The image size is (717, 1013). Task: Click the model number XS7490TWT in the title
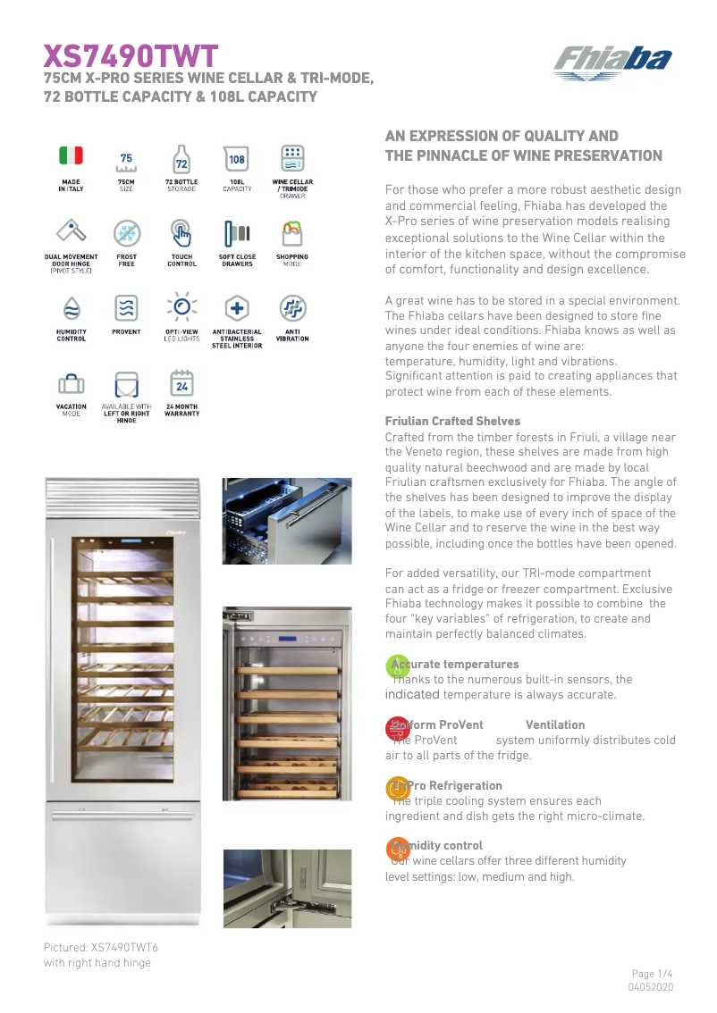(131, 57)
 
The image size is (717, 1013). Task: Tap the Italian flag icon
(71, 155)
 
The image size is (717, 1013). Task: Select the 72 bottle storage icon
(181, 159)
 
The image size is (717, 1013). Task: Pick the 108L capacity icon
(237, 159)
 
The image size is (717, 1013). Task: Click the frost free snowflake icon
(126, 234)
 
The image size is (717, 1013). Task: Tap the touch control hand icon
(181, 234)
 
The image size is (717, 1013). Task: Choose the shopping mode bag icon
(292, 234)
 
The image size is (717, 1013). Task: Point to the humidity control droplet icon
(71, 308)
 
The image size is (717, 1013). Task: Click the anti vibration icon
(292, 308)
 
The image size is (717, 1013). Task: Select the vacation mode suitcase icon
(71, 384)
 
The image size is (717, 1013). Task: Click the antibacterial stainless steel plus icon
(237, 308)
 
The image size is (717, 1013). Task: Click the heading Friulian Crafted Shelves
(452, 421)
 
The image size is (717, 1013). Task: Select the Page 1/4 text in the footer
(652, 974)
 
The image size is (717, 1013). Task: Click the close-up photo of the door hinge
(287, 888)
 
